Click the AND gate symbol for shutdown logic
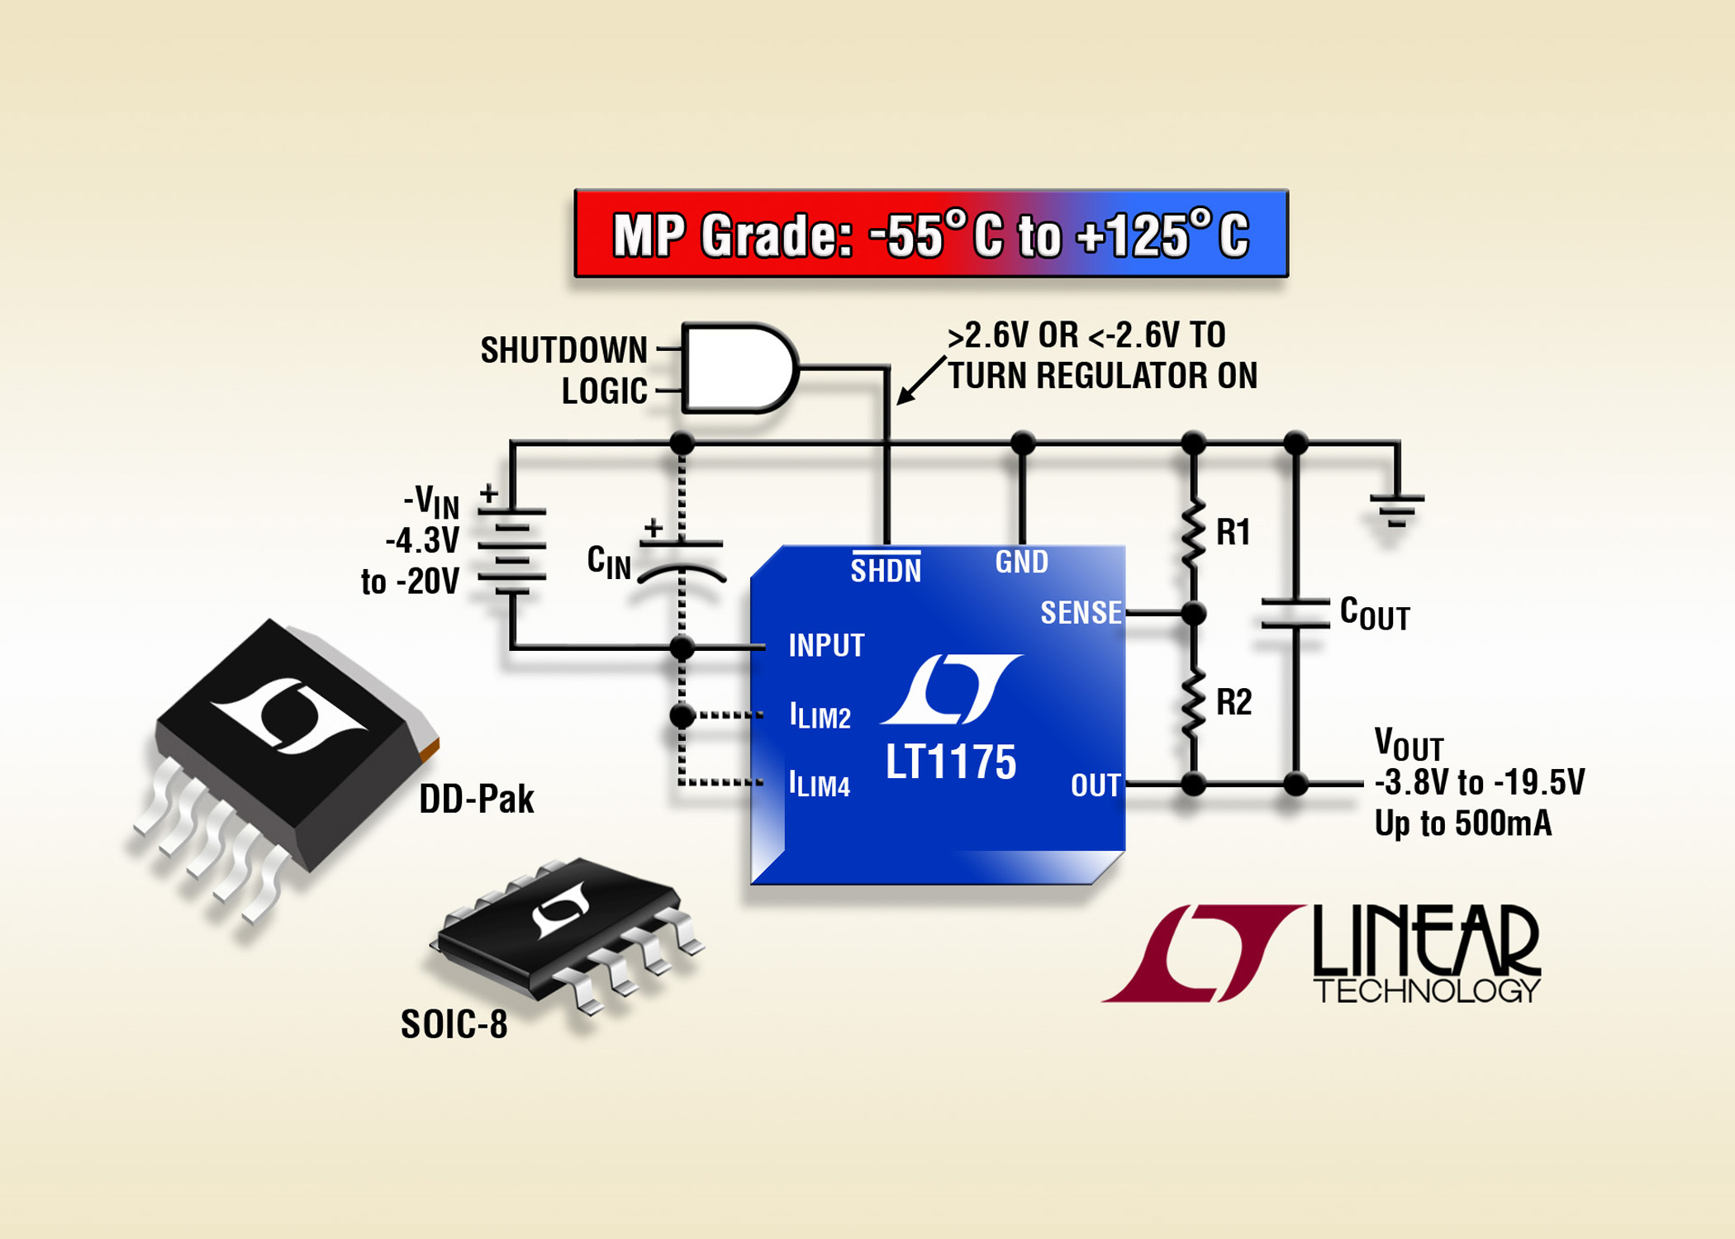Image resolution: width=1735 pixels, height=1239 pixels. click(740, 368)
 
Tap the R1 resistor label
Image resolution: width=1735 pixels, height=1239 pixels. click(1233, 533)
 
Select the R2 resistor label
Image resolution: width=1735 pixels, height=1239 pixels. click(1234, 702)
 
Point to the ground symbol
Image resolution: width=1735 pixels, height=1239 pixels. click(1396, 510)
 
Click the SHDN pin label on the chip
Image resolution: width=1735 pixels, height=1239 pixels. click(886, 569)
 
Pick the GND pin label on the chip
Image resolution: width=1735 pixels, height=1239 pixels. click(1022, 562)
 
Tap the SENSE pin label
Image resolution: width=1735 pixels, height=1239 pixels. click(1081, 612)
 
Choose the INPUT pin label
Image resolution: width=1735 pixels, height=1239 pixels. click(826, 645)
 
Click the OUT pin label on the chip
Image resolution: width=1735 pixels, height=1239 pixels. click(1096, 785)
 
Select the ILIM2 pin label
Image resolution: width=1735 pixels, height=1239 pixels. click(820, 715)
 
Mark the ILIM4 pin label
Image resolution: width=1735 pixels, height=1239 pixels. click(819, 783)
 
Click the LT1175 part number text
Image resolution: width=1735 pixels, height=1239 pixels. click(951, 762)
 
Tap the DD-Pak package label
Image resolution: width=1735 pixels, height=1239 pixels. click(477, 799)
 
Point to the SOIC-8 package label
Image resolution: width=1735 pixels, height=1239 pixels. click(454, 1024)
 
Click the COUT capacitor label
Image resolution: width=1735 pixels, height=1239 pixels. click(1375, 613)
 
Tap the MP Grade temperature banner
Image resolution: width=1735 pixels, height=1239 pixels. click(931, 234)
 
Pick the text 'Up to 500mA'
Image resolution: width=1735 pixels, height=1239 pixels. click(1463, 824)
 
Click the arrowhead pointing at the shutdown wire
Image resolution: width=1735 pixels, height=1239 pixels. click(906, 396)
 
